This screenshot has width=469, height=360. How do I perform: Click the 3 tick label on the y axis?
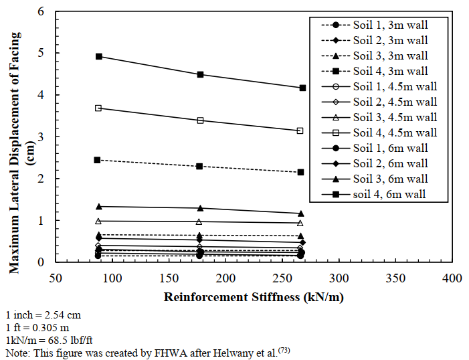(42, 137)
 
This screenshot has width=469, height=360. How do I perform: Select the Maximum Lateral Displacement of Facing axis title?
(15, 137)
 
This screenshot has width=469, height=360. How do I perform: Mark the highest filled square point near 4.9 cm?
(99, 57)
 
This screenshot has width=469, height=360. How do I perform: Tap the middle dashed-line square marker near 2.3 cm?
(199, 166)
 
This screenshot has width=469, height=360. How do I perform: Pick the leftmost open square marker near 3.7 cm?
(98, 108)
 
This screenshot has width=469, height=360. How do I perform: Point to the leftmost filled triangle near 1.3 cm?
(99, 207)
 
